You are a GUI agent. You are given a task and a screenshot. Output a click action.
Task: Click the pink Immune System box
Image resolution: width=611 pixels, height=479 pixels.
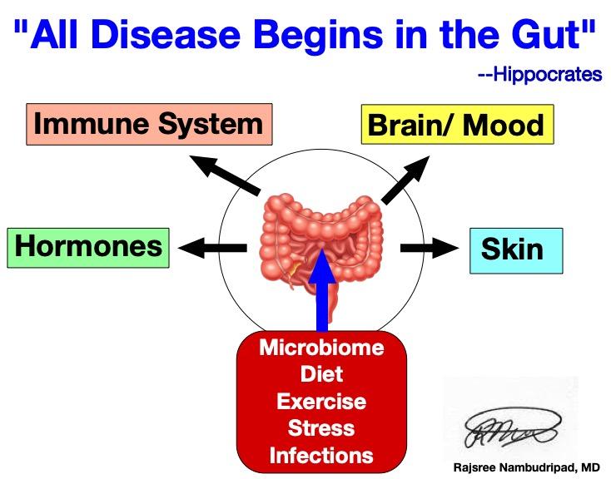[x=147, y=126]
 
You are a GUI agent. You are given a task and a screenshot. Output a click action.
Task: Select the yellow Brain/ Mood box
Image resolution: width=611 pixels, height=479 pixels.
[x=456, y=126]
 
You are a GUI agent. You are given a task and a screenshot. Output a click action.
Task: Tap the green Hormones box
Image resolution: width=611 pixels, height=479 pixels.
[x=88, y=247]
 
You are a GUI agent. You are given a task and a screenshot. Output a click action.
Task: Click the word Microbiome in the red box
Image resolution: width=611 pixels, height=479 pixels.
[x=320, y=348]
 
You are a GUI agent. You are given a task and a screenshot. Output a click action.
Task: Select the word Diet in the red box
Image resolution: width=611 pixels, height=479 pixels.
[x=320, y=374]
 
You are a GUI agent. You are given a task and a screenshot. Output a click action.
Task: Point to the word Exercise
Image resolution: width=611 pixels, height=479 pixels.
[x=320, y=402]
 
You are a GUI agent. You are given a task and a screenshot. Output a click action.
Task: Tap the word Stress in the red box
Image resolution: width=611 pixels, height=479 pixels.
[x=320, y=429]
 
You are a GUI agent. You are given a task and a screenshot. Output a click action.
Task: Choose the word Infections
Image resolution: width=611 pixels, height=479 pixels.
[x=320, y=456]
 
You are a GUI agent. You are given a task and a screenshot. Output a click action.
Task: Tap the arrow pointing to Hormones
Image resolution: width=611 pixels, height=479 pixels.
[x=211, y=247]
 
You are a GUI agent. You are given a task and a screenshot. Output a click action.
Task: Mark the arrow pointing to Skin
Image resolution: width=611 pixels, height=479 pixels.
[x=429, y=247]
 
